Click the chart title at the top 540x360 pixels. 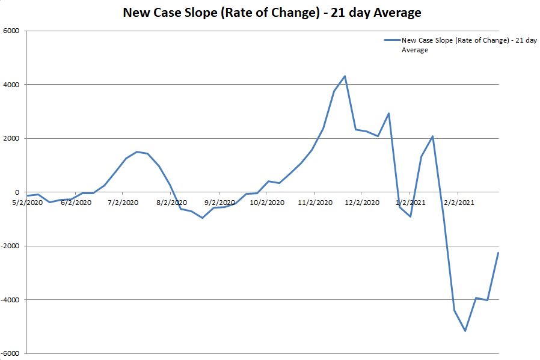coord(272,12)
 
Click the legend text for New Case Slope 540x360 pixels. coord(469,45)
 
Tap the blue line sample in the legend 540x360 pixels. coord(391,41)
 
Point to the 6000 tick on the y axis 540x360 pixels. coord(12,31)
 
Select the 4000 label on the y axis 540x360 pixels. coord(12,85)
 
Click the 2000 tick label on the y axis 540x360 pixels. coord(12,138)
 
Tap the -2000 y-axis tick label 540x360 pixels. coord(11,246)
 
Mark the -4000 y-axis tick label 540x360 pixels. coord(11,300)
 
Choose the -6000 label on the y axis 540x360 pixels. coord(11,353)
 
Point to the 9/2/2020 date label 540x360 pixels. coord(219,203)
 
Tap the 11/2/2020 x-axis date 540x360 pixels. coord(315,203)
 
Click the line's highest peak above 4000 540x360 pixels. coord(345,76)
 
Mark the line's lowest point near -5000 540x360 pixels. coord(465,331)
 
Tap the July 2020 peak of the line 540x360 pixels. coord(137,151)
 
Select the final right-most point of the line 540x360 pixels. coord(499,252)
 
